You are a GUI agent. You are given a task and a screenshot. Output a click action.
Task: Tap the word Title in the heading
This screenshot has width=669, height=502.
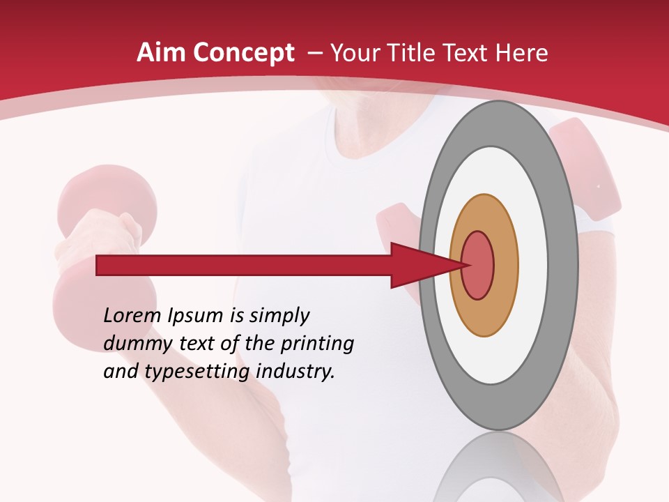412,53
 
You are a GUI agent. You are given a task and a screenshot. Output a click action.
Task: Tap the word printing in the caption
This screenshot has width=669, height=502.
317,344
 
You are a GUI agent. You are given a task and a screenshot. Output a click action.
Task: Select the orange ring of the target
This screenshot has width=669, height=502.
505,266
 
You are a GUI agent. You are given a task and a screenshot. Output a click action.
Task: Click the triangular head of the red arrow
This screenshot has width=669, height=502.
418,266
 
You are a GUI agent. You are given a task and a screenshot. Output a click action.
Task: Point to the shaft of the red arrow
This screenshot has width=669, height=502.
244,266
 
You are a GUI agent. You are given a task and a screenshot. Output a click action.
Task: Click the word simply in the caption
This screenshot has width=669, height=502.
280,317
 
